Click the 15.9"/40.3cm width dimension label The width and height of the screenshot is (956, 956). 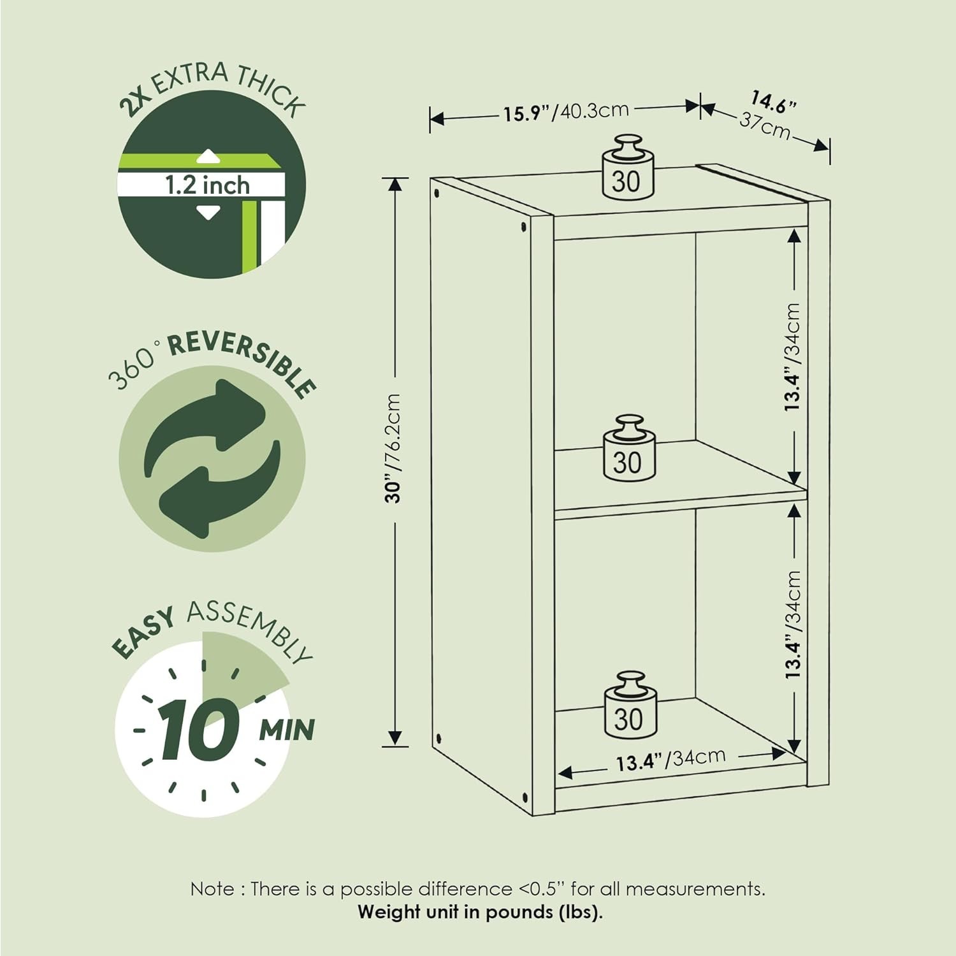(x=567, y=112)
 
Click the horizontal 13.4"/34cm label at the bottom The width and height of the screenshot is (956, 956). (x=670, y=758)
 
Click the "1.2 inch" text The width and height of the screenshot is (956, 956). (x=208, y=185)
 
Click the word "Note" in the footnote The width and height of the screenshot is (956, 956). (x=212, y=888)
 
